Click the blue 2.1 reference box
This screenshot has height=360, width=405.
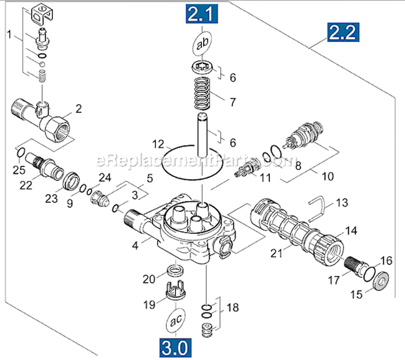tap(202, 14)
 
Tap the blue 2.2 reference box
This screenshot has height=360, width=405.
tap(343, 32)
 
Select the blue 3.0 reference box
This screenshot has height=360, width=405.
tap(175, 348)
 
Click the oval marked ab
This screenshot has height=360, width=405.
tap(202, 44)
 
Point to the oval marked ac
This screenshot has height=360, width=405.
tap(175, 320)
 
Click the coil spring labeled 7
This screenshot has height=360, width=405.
tap(202, 94)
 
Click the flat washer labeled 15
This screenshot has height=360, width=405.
tap(381, 281)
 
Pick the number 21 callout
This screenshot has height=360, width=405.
tap(276, 253)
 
